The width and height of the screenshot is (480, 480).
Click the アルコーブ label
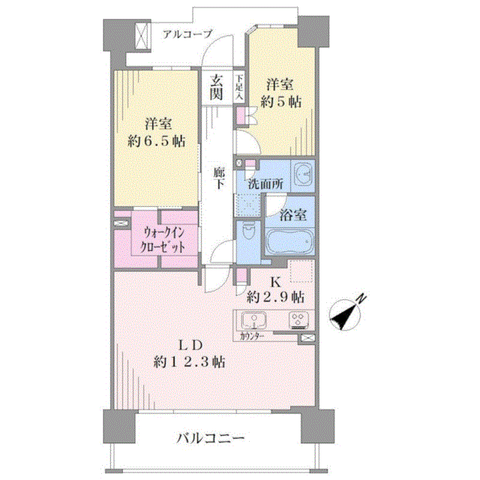[x=187, y=34]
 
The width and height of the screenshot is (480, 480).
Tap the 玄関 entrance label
[x=216, y=87]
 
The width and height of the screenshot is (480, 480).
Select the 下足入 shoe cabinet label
[x=240, y=87]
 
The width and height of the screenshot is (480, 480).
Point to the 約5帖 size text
[x=280, y=102]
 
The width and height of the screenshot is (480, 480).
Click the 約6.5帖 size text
[x=156, y=142]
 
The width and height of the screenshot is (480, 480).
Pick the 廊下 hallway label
[x=219, y=178]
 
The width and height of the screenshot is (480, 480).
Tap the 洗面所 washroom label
[x=265, y=184]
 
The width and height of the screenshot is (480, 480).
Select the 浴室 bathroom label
[x=293, y=215]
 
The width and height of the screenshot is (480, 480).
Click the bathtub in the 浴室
[x=289, y=241]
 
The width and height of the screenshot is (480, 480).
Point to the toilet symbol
[x=247, y=231]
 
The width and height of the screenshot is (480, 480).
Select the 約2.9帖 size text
[x=275, y=297]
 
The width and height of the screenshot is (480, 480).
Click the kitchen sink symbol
[x=253, y=320]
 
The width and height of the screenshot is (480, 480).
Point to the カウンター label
[x=252, y=337]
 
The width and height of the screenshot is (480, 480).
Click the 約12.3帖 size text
[x=190, y=362]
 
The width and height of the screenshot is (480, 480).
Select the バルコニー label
[x=211, y=438]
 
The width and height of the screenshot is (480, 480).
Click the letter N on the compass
[x=361, y=298]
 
